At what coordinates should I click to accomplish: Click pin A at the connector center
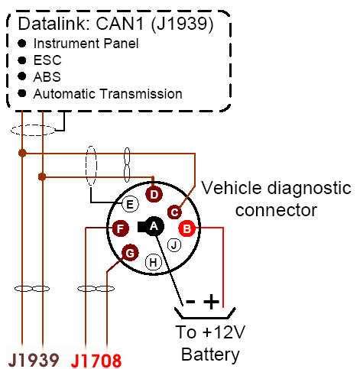pos(154,226)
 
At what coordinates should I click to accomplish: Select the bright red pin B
pos(187,228)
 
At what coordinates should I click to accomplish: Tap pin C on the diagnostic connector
pos(175,212)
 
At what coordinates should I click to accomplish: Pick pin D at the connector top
pos(154,195)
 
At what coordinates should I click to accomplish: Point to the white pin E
pos(130,204)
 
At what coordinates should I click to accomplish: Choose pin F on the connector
pos(121,228)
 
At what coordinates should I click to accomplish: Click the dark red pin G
pos(130,253)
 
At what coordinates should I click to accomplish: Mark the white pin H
pos(154,262)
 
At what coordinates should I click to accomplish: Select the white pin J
pos(174,245)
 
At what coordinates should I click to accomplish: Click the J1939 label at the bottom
pos(34,360)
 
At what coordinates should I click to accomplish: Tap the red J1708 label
pos(96,361)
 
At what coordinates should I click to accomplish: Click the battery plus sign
pos(211,302)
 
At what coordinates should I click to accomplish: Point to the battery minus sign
pos(190,302)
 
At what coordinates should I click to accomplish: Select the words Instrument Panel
pos(86,44)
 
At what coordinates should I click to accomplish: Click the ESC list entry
pos(47,60)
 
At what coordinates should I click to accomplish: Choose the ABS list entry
pos(47,76)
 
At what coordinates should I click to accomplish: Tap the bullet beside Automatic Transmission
pos(22,93)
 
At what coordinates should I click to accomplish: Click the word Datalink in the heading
pos(54,24)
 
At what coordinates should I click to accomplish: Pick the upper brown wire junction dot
pos(22,154)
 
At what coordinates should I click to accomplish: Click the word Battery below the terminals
pos(210,354)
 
